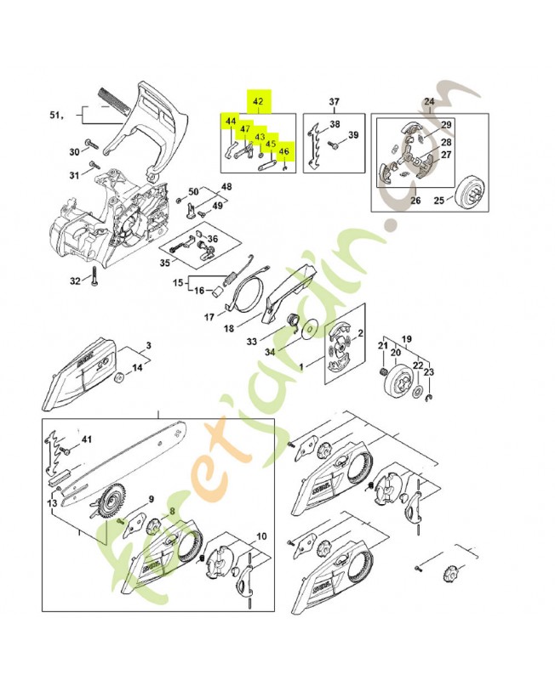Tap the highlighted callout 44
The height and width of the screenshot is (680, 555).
[230, 122]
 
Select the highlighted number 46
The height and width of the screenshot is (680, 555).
[284, 151]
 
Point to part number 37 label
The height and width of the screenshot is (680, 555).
[335, 102]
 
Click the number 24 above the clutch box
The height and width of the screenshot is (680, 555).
[428, 102]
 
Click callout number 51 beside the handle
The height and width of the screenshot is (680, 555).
[56, 114]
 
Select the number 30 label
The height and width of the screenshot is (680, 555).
[74, 152]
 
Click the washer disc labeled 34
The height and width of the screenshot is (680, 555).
[303, 327]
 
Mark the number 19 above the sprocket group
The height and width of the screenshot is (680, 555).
[406, 337]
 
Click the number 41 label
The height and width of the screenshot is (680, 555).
[86, 439]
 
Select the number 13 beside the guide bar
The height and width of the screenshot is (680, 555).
[53, 504]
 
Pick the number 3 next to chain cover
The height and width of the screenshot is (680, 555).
[147, 345]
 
